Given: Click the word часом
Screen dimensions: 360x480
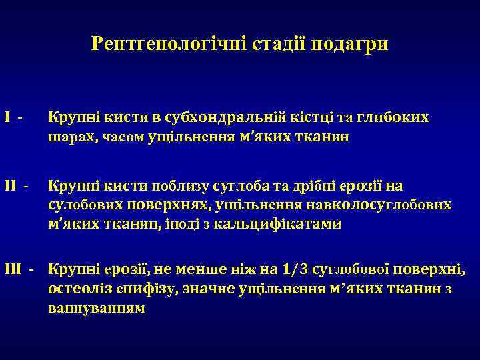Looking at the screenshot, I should pyautogui.click(x=123, y=138).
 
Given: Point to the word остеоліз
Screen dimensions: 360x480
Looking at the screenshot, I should pyautogui.click(x=76, y=289).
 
